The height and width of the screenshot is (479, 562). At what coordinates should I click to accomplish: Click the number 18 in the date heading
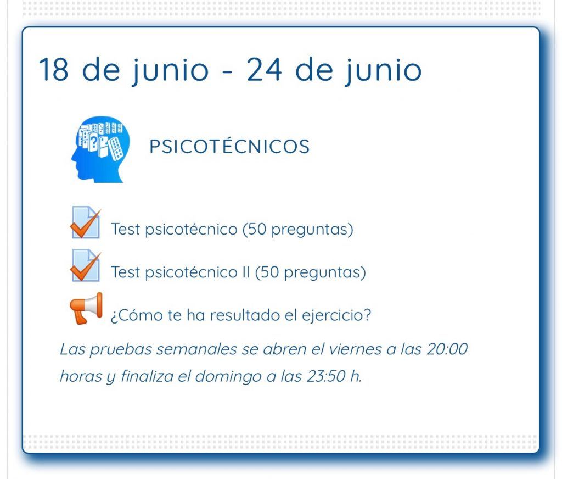54,69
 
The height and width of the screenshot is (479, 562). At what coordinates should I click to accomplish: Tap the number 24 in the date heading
264,69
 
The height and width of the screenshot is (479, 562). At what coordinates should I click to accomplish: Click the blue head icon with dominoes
100,149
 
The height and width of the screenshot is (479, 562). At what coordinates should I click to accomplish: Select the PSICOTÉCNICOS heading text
229,146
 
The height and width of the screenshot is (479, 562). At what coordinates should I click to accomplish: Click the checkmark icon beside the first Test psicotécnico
85,222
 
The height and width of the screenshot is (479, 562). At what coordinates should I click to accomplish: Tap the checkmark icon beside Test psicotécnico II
85,265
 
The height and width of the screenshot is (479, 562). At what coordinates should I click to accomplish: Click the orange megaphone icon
86,308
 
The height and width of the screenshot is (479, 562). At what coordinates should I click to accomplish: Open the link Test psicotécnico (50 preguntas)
232,229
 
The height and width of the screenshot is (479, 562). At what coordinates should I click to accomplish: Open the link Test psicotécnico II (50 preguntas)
238,272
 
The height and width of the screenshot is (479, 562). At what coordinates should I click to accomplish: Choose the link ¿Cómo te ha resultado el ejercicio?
241,315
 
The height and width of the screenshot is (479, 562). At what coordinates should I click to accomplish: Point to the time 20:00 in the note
447,349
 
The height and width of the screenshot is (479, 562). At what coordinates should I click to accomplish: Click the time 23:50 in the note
326,376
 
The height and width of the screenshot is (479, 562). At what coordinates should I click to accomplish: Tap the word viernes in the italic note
355,349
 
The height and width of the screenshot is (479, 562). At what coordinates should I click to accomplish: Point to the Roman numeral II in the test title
245,272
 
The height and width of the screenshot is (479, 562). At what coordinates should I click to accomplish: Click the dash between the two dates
228,71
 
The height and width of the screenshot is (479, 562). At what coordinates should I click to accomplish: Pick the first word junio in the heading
170,71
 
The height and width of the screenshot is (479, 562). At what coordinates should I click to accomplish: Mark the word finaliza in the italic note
147,376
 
